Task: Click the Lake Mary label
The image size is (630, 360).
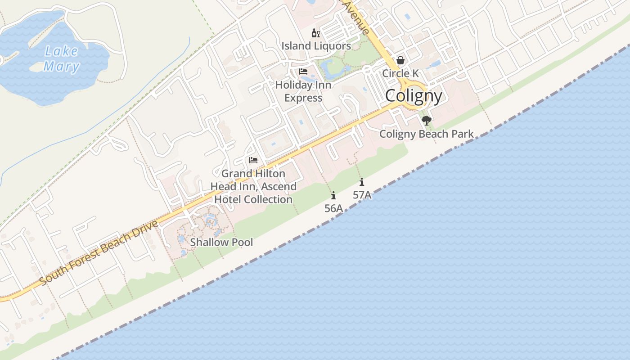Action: click(x=62, y=59)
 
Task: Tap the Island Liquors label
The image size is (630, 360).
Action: click(x=316, y=46)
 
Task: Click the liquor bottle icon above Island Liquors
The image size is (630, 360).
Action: click(x=316, y=33)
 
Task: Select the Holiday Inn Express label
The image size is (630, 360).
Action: click(x=303, y=91)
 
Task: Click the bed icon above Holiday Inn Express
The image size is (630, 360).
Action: click(x=303, y=72)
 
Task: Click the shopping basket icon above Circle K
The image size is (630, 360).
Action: click(x=400, y=60)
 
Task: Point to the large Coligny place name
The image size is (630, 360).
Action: click(x=414, y=96)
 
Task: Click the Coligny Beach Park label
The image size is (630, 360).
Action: click(x=426, y=134)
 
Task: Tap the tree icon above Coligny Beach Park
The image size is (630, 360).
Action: click(x=426, y=121)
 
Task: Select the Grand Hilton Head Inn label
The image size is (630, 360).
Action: click(x=253, y=186)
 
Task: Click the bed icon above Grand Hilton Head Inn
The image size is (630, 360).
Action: click(x=253, y=160)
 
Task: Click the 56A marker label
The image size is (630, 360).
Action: click(x=333, y=208)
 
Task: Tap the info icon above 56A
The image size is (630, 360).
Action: click(x=333, y=195)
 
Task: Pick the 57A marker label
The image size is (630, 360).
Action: click(x=362, y=195)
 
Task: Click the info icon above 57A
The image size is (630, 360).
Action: click(x=362, y=182)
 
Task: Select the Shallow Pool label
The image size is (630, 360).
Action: click(x=221, y=242)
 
